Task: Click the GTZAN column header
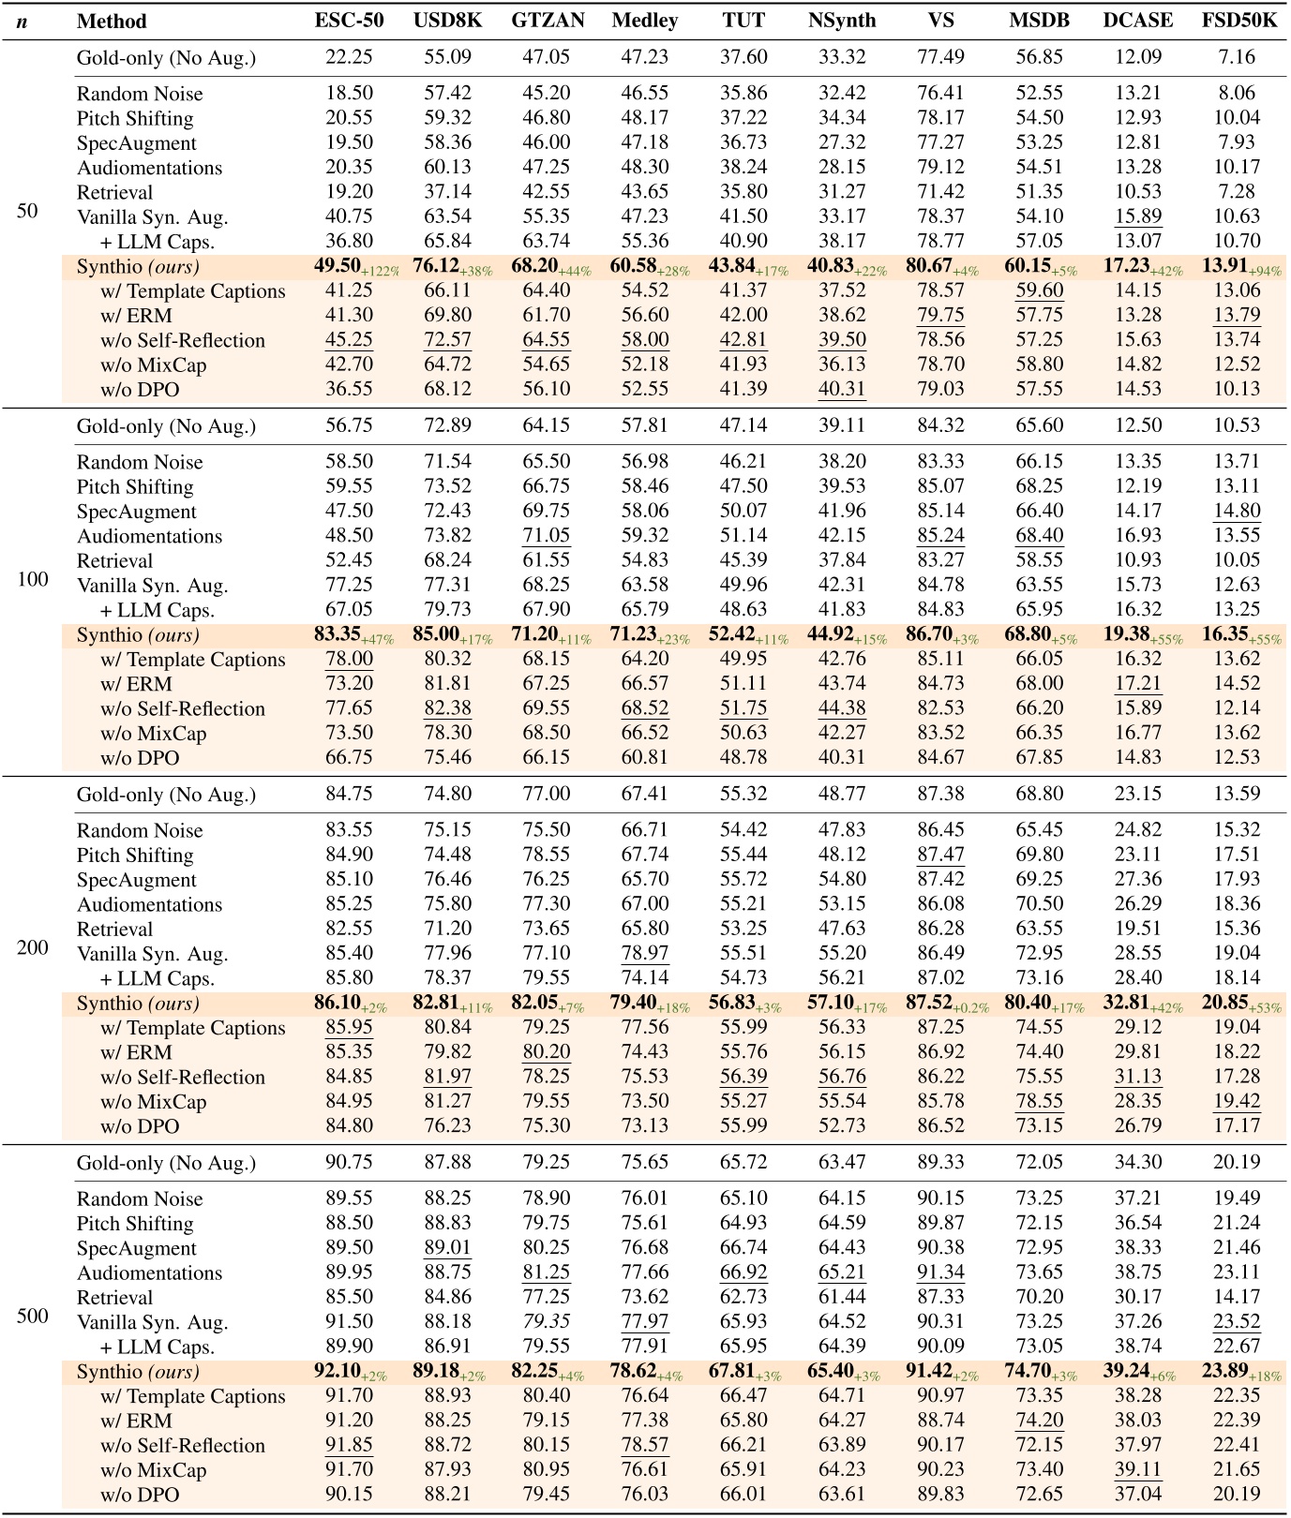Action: (x=548, y=21)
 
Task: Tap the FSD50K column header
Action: (x=1238, y=21)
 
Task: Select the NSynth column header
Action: (x=841, y=21)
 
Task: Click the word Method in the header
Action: (x=112, y=21)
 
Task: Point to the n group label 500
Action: (x=33, y=1316)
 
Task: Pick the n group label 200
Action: (x=33, y=947)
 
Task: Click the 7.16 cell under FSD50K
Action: (x=1237, y=58)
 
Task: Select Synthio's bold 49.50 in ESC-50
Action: (x=338, y=266)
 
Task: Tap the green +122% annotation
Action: (x=381, y=272)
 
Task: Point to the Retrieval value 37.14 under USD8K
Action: (x=448, y=192)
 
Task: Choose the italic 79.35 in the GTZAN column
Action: (x=547, y=1322)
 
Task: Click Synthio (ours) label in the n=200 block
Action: (x=138, y=1004)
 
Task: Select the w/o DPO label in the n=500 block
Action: (x=140, y=1495)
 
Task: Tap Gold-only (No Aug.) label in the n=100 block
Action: (x=166, y=426)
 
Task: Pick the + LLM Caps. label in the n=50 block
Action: (x=157, y=242)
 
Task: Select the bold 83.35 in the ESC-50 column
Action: (x=338, y=634)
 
